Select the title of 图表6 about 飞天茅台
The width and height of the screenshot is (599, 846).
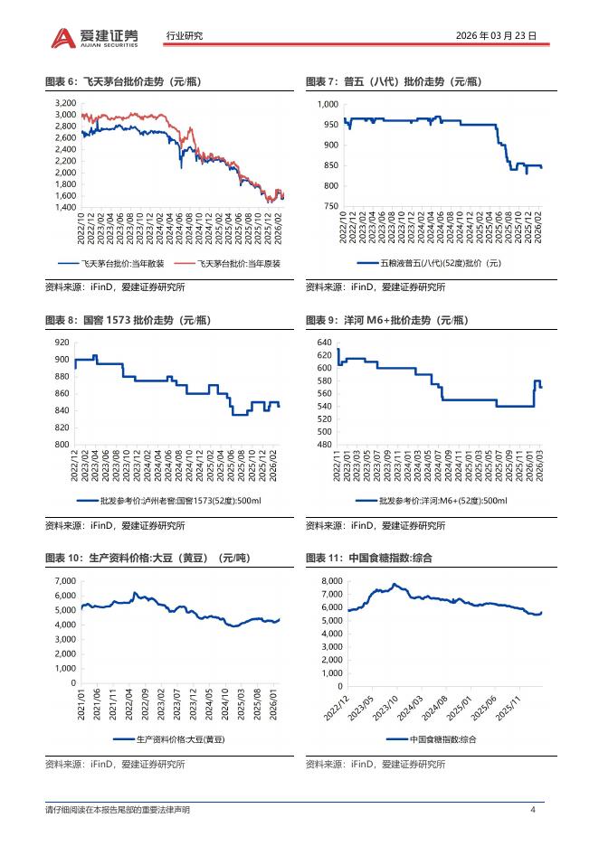pos(123,82)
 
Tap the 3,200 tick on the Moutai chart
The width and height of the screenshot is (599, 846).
pos(64,104)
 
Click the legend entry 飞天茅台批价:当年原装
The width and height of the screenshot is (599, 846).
pos(227,264)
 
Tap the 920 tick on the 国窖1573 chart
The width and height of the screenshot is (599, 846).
pos(62,342)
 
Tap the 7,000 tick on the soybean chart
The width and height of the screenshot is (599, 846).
pos(63,580)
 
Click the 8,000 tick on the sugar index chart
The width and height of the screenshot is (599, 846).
pos(329,580)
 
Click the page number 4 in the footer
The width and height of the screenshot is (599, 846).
pos(533,809)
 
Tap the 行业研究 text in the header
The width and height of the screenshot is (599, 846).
pos(185,36)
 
